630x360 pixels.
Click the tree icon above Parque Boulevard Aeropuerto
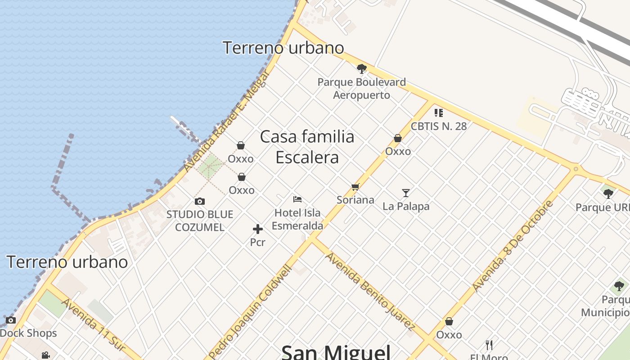tap(361, 69)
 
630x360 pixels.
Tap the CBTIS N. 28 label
tap(439, 126)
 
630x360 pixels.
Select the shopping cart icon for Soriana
tap(355, 187)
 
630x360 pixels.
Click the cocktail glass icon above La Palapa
tap(406, 193)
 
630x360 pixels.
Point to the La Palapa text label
tap(406, 206)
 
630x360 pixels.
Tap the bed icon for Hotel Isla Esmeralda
tap(297, 199)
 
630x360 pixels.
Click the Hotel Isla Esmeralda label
tap(297, 219)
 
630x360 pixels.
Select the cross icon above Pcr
tap(257, 229)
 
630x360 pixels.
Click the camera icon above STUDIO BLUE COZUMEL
tap(199, 201)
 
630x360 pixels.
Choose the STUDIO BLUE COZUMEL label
tap(200, 220)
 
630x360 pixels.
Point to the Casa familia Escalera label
tap(307, 147)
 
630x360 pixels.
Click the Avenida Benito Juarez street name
tap(370, 292)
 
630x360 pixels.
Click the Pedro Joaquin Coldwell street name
tap(250, 312)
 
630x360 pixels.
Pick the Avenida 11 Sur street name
tap(93, 324)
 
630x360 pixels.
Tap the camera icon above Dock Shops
tap(11, 320)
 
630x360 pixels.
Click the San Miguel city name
tap(336, 351)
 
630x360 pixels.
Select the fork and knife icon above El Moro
tap(489, 345)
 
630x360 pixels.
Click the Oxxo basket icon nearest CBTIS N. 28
tap(398, 138)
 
